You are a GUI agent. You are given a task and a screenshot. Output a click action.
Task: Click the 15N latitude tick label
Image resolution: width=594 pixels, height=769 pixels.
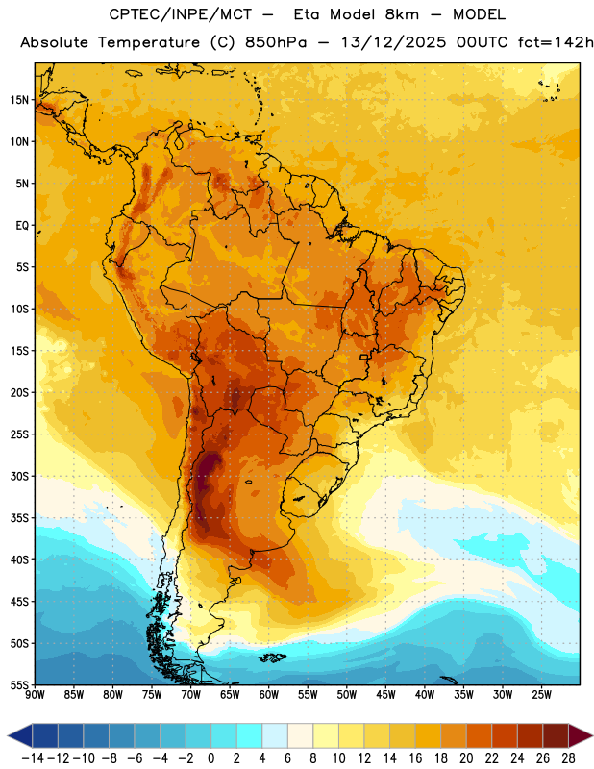pos(19,100)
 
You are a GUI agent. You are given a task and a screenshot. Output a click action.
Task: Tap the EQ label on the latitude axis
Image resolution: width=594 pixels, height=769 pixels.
pos(22,226)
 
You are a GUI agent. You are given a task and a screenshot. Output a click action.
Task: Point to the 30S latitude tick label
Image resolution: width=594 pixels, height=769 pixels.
pos(19,476)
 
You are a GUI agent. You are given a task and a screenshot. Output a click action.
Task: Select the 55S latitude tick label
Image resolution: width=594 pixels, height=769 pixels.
pos(19,685)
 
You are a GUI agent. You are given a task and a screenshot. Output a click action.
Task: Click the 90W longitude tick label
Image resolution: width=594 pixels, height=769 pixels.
pos(35,695)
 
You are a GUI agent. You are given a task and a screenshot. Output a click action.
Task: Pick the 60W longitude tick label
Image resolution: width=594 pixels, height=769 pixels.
pos(269,695)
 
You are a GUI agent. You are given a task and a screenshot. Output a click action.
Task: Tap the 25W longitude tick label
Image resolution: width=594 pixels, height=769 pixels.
pos(541,695)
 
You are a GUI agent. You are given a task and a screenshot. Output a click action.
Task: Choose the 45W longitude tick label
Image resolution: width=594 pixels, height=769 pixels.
pos(386,695)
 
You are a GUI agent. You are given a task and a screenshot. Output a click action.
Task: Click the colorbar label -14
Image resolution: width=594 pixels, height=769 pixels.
pos(33,758)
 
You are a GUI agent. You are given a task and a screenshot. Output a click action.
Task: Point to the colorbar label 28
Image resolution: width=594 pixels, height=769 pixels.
pos(568,758)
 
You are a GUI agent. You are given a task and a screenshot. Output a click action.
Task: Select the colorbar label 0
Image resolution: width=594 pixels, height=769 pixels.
pos(210,758)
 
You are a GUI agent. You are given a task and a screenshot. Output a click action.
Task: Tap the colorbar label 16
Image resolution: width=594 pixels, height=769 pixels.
pos(415,758)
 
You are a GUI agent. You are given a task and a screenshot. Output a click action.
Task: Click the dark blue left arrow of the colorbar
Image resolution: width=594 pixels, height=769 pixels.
pos(20,735)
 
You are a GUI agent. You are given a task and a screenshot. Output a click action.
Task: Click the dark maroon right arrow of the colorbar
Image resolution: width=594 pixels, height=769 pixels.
pos(581,735)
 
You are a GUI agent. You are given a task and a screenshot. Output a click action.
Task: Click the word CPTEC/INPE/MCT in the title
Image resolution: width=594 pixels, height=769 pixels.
pos(180,14)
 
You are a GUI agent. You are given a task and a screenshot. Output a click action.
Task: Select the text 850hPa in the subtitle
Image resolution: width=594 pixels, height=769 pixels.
pos(276,42)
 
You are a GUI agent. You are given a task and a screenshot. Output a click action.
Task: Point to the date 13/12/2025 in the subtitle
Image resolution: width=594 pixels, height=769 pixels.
pos(393,42)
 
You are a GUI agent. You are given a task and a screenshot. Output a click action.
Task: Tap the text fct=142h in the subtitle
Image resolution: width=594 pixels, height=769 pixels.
pos(556,42)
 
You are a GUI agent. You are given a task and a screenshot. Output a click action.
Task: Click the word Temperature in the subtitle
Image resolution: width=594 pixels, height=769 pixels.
pos(149,42)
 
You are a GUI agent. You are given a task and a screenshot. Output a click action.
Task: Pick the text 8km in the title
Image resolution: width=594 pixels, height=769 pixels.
pos(402,14)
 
